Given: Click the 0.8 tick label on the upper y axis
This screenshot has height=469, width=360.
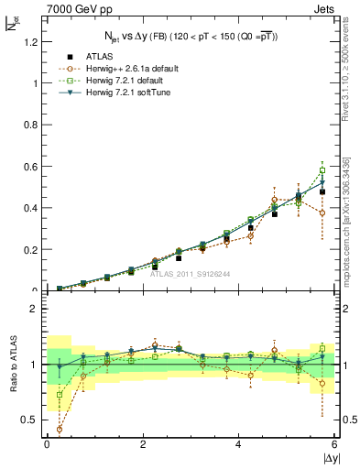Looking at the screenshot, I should (x=28, y=125).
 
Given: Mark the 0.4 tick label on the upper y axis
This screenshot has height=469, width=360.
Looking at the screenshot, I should (x=28, y=208).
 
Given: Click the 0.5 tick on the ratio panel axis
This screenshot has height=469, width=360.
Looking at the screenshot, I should (x=27, y=420).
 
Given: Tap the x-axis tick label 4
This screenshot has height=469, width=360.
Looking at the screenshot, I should (x=239, y=445).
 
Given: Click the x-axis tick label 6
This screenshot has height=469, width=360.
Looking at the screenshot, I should (x=334, y=445).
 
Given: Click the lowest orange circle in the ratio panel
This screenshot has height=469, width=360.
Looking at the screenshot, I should (x=60, y=429).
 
